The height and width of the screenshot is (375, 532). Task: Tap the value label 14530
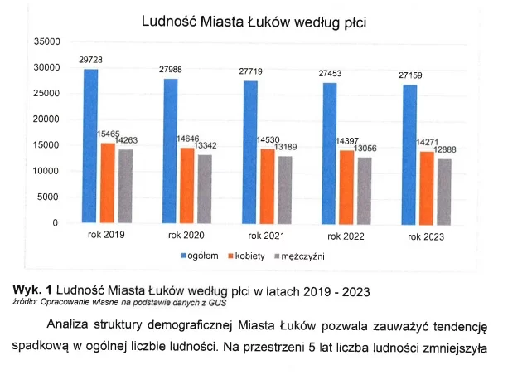click(x=270, y=139)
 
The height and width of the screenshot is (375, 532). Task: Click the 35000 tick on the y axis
click(x=46, y=41)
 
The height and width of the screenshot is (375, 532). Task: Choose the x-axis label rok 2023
click(x=425, y=238)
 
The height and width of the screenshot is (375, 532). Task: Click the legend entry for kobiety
click(x=249, y=256)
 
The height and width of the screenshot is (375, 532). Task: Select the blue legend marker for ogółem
click(x=184, y=256)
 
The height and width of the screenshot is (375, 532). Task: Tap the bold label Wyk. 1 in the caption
click(x=31, y=289)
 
